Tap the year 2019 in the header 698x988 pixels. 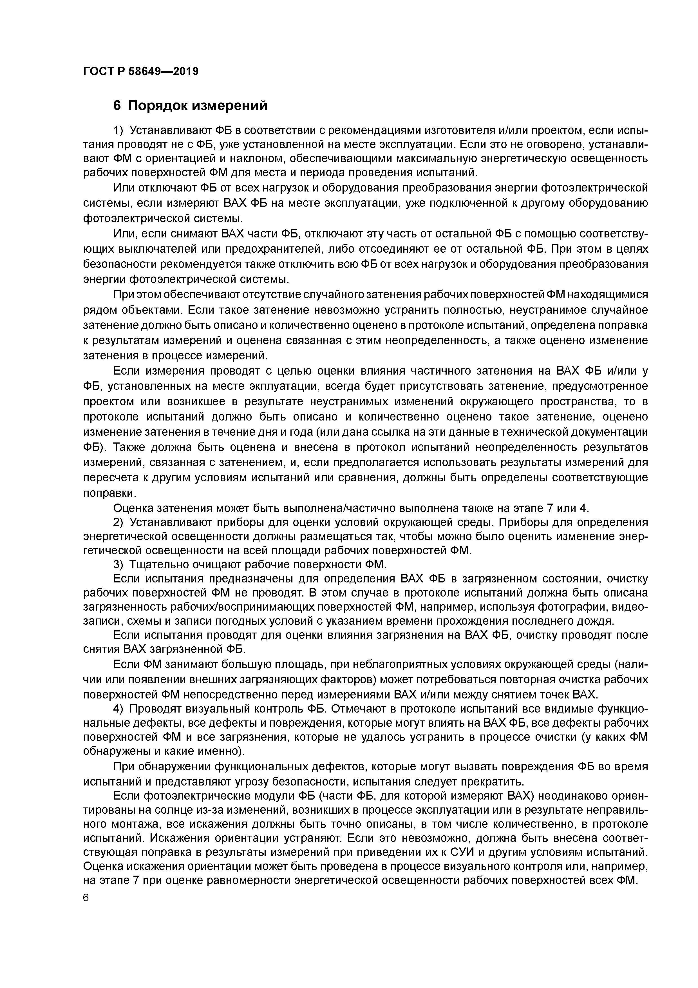[185, 72]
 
